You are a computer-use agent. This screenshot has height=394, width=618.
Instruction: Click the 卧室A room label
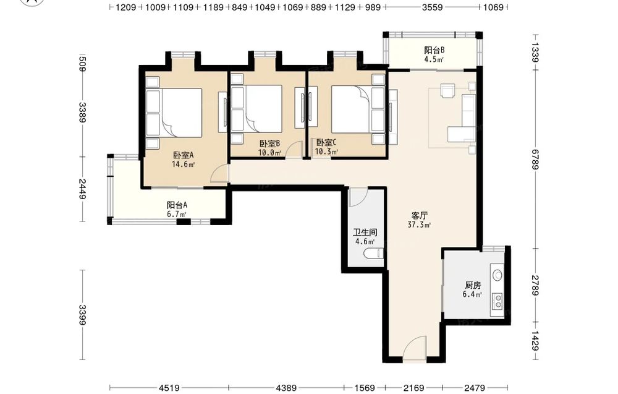click(184, 155)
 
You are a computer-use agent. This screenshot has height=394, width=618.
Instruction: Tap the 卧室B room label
click(269, 143)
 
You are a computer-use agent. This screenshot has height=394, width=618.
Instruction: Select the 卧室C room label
click(326, 142)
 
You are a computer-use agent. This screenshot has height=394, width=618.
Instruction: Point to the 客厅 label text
click(420, 216)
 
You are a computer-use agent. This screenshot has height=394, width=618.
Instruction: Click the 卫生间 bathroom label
click(365, 233)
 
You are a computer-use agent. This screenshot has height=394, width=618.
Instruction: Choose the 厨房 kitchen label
click(473, 285)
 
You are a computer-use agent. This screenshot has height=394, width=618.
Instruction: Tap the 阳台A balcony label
click(177, 205)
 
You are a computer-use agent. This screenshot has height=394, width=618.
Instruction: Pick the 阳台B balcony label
click(434, 50)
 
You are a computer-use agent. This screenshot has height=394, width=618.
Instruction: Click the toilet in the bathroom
click(373, 253)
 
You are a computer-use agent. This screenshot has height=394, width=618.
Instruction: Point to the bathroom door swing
click(358, 198)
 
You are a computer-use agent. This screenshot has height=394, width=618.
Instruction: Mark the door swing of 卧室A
click(219, 174)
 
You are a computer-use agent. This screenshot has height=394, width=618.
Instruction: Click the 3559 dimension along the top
click(433, 7)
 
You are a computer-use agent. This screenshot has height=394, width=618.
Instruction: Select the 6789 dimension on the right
click(535, 160)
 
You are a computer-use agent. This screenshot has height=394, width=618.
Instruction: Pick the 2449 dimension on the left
click(82, 189)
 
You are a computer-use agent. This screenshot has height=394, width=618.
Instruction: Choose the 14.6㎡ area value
click(184, 165)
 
